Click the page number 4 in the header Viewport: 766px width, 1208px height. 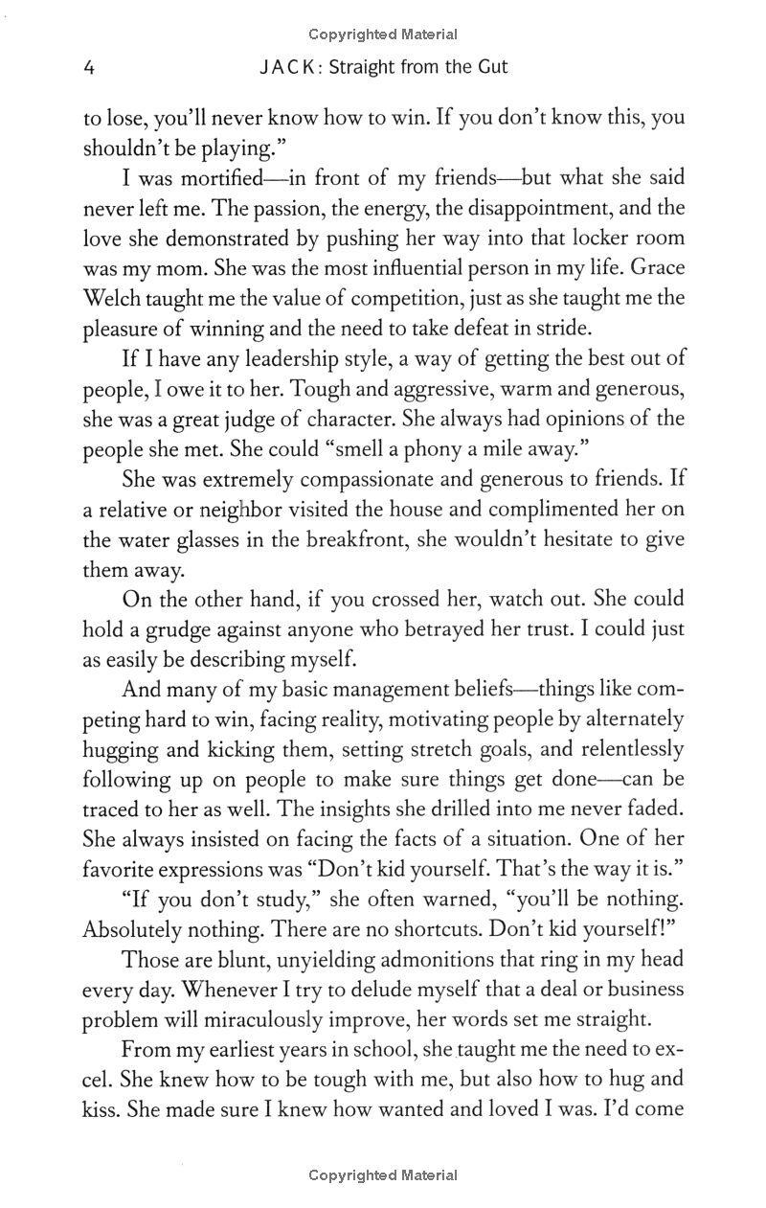pyautogui.click(x=89, y=68)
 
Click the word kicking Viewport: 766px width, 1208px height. pyautogui.click(x=246, y=750)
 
